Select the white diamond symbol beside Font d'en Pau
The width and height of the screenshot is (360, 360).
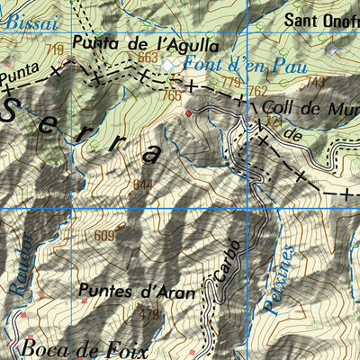click(167, 66)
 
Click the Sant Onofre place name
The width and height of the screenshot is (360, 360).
click(320, 19)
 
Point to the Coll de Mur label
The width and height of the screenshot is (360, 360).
click(307, 105)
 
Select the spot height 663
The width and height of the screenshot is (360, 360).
click(148, 58)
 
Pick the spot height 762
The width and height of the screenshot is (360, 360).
click(258, 91)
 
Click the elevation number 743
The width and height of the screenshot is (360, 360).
click(315, 82)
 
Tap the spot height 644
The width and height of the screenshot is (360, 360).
click(142, 185)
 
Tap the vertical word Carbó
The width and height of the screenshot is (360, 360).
click(229, 262)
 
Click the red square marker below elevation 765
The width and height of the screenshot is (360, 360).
click(188, 114)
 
